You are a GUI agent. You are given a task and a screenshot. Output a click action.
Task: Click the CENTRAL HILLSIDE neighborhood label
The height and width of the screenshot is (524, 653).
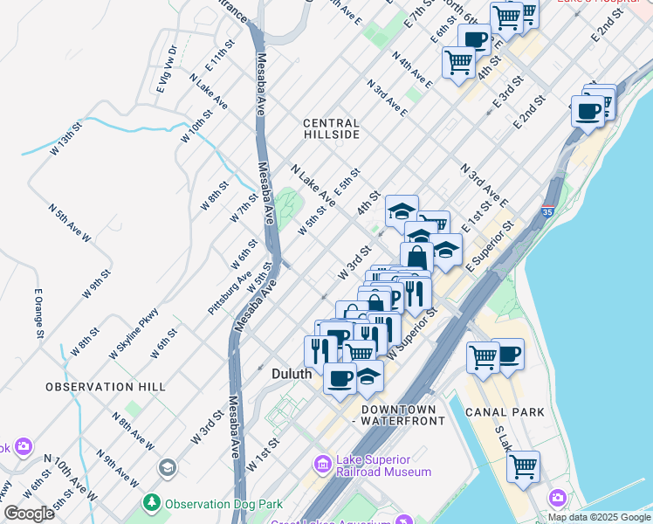point(331,129)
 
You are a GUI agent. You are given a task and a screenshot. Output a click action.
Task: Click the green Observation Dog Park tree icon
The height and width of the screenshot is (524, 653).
point(152,504)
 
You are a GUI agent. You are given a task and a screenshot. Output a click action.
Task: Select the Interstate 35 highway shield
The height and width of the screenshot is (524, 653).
point(547,211)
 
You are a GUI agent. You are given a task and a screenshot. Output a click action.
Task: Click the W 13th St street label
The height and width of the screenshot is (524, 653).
point(65,139)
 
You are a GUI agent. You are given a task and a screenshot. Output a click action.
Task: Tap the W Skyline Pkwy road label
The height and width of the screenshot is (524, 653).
point(134,334)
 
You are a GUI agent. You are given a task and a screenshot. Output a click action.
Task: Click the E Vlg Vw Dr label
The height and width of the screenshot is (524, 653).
point(166,69)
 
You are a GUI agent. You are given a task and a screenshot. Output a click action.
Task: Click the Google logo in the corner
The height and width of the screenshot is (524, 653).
point(29,514)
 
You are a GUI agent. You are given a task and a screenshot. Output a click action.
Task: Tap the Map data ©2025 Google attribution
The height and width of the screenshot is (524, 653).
point(599,517)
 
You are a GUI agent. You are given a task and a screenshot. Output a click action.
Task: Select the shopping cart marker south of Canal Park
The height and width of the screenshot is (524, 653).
point(523,467)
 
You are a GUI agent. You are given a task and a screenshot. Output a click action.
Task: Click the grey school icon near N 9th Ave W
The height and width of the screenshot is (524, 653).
point(166,469)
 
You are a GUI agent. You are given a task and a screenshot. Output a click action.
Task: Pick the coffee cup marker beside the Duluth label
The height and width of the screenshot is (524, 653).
point(340,379)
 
